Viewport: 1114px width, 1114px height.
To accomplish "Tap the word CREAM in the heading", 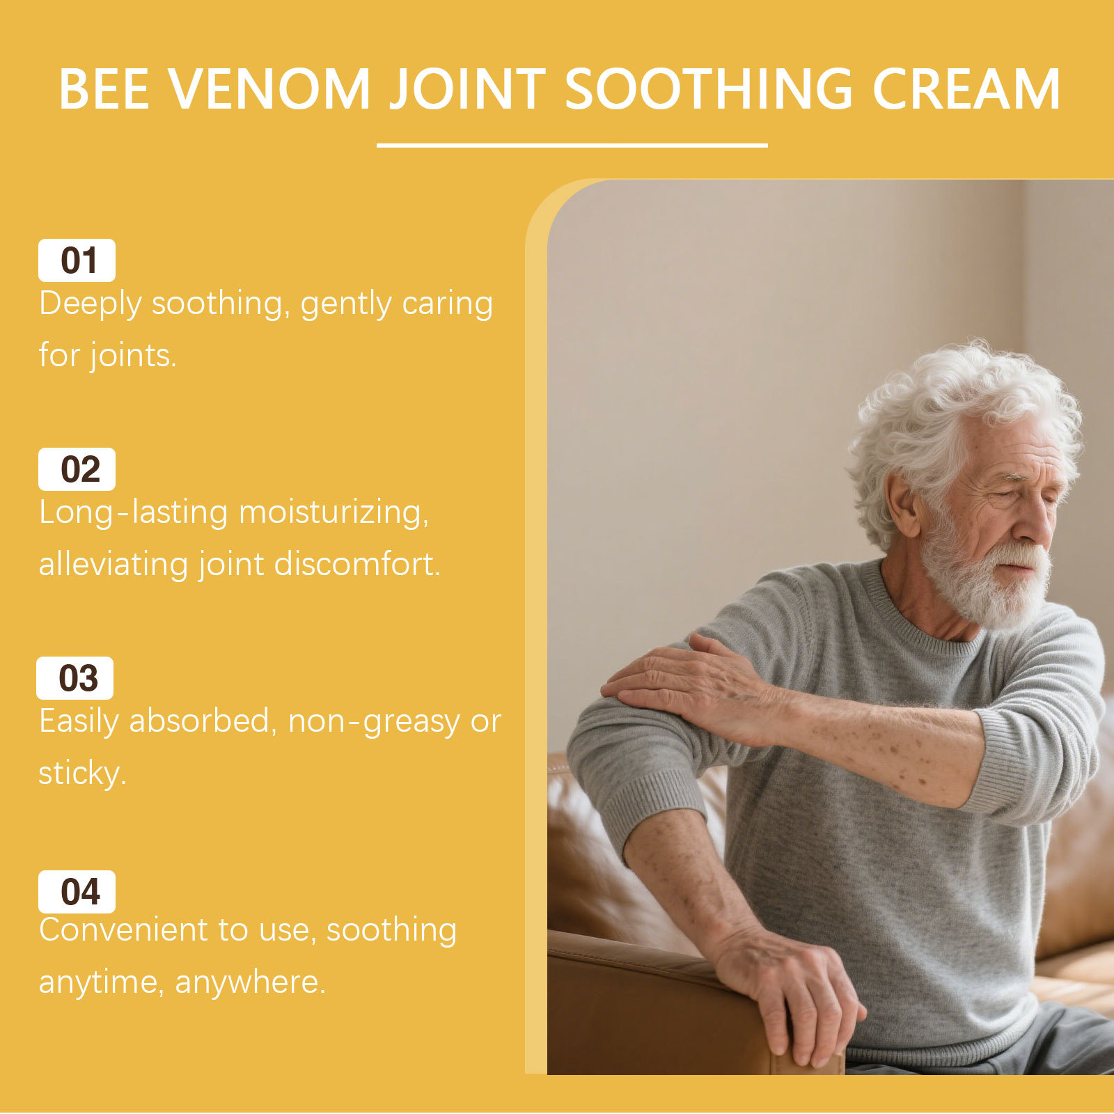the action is [966, 89].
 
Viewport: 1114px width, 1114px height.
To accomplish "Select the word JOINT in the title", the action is [468, 89].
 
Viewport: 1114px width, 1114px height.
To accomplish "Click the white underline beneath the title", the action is [572, 146].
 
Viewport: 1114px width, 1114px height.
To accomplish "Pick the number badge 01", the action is [77, 260].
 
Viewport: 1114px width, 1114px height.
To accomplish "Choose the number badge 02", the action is [77, 469].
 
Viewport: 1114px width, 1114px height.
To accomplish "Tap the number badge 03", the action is [74, 678].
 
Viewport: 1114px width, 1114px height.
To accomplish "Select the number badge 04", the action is [77, 892].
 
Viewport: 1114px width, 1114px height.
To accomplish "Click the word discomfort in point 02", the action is [357, 564].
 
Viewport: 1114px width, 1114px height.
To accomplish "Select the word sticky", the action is [82, 773].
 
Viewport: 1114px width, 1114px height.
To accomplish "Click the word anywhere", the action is [250, 984].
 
